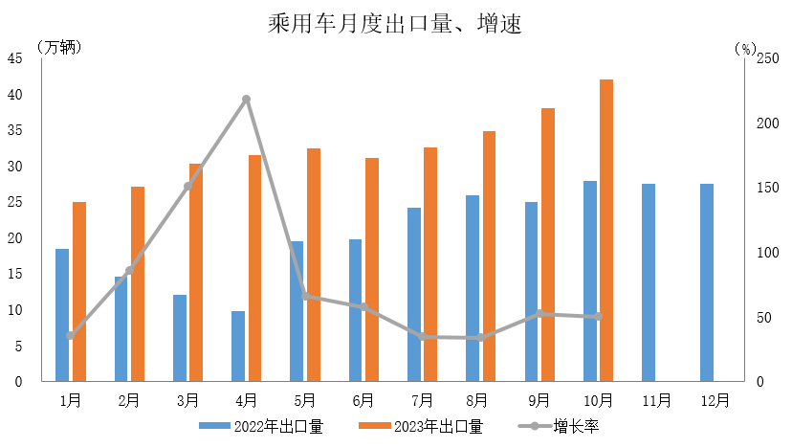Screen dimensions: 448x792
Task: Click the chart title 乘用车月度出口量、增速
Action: coord(395,23)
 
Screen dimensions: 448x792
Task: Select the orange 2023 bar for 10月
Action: coord(606,230)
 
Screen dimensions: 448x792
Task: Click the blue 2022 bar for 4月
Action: coord(238,346)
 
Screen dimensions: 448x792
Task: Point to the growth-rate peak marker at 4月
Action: coord(247,100)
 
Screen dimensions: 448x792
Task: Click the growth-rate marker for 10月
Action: coord(598,316)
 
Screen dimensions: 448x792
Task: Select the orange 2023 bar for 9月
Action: coord(548,244)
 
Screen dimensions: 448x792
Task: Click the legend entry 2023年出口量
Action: coord(421,427)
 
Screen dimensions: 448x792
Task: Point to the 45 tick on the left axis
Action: coord(15,58)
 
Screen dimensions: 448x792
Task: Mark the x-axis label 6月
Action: coord(363,400)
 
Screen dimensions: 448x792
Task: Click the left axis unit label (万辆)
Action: coord(58,46)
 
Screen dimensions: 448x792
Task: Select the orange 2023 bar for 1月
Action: coord(79,291)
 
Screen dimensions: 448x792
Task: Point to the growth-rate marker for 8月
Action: coord(481,338)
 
